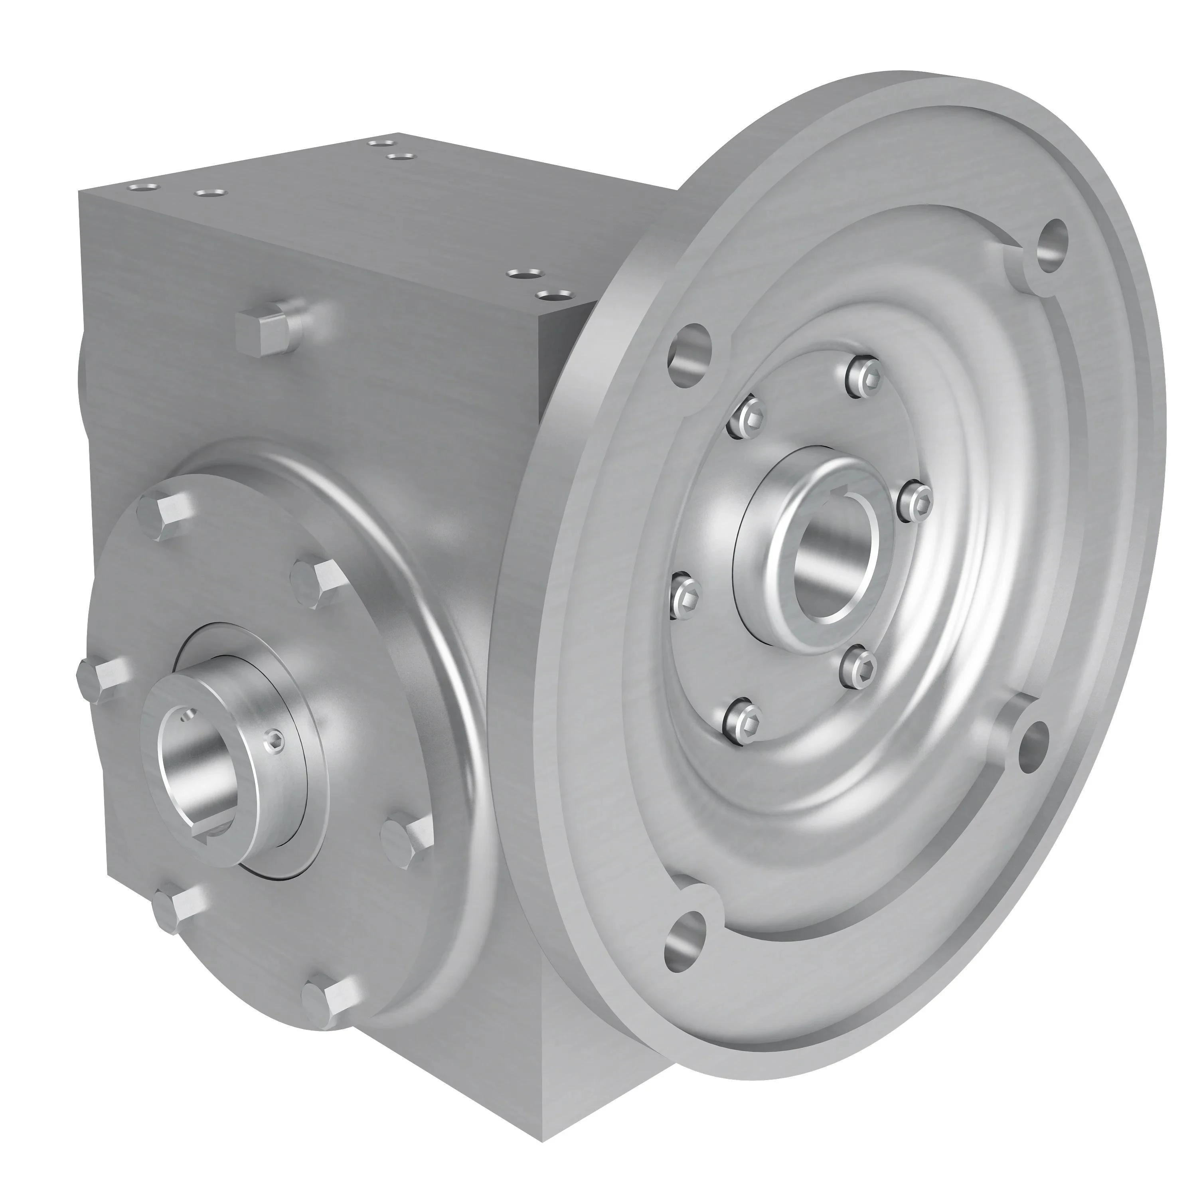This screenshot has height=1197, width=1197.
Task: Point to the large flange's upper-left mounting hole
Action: pyautogui.click(x=689, y=351)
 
